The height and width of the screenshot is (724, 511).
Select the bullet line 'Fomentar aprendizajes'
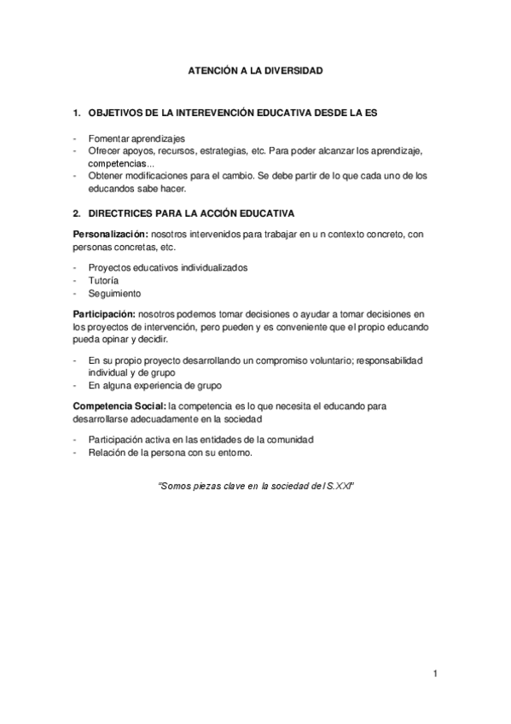point(136,138)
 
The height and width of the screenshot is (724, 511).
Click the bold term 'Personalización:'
point(111,234)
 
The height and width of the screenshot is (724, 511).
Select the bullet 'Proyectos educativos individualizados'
point(168,267)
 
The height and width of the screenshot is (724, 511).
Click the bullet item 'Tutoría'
point(103,280)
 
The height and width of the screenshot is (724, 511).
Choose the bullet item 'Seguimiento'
point(115,293)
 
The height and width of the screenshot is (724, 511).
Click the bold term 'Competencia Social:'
point(119,406)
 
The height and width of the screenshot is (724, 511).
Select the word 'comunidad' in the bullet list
point(287,440)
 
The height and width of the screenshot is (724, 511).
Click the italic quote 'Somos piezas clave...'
point(256,485)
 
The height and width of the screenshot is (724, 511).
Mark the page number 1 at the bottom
point(435,674)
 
